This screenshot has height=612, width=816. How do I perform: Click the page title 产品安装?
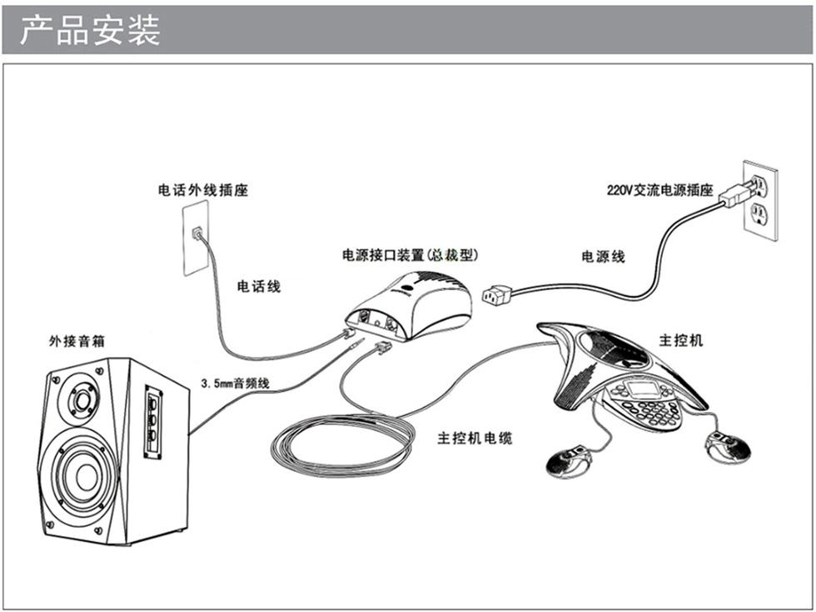pyautogui.click(x=90, y=30)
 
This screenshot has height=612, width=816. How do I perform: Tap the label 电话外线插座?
pyautogui.click(x=203, y=190)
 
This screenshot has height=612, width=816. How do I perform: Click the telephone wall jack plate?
pyautogui.click(x=196, y=240)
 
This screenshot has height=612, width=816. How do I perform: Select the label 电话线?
pyautogui.click(x=259, y=286)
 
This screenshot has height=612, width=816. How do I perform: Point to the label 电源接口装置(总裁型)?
pyautogui.click(x=410, y=254)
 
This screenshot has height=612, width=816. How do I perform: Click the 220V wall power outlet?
pyautogui.click(x=760, y=200)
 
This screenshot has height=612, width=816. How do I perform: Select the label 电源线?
pyautogui.click(x=603, y=257)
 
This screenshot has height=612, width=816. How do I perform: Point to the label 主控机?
pyautogui.click(x=681, y=340)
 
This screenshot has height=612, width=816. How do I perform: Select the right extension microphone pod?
pyautogui.click(x=726, y=445)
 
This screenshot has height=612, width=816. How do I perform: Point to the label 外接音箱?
pyautogui.click(x=77, y=341)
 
